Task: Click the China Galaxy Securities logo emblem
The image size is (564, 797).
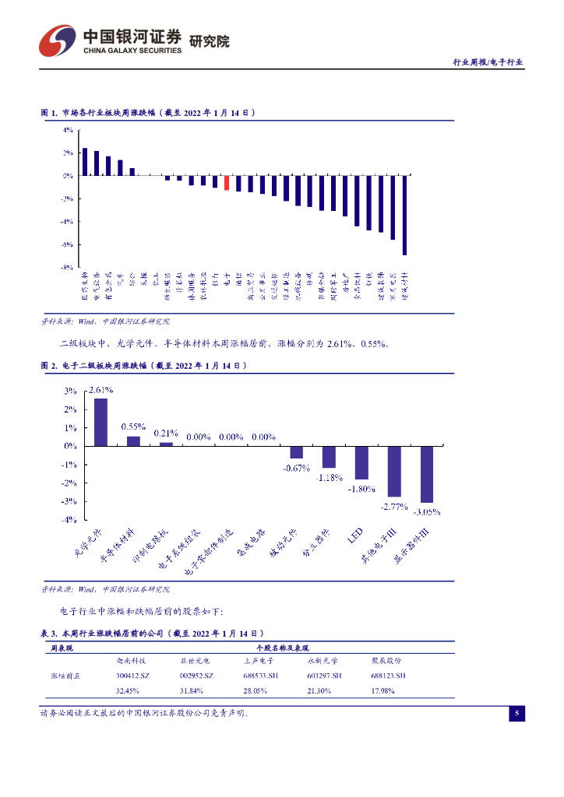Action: [58, 40]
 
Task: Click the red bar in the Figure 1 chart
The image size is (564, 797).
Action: [227, 182]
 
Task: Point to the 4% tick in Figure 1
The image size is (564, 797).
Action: [69, 130]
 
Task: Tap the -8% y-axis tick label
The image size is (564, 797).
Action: [69, 267]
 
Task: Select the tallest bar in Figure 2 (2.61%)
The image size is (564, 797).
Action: [100, 422]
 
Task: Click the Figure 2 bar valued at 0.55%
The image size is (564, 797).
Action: [133, 441]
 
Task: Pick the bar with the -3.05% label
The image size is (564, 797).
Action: [427, 474]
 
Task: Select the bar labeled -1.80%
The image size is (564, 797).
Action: [361, 462]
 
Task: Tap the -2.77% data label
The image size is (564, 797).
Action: [394, 507]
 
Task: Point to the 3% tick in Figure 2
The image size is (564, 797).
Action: [70, 391]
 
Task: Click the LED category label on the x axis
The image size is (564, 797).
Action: [355, 536]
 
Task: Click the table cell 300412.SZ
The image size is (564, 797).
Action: [132, 675]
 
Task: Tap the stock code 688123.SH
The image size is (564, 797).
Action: [389, 675]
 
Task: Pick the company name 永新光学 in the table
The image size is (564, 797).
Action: [323, 660]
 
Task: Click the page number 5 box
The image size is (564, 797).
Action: [517, 714]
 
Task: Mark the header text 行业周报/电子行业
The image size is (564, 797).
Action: [488, 62]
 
